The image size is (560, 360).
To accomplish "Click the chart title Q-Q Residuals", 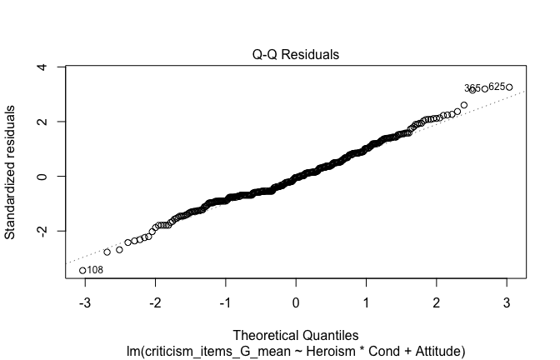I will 297,55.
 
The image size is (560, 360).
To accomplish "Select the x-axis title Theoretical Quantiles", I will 296,335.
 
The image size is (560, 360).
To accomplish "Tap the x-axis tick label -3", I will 82,302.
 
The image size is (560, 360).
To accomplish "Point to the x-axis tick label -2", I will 153,302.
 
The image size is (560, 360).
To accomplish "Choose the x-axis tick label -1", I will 224,302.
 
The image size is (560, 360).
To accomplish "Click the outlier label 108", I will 95,270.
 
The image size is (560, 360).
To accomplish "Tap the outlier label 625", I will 497,86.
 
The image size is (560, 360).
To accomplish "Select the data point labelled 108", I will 82,270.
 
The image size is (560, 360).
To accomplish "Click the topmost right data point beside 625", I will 509,87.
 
